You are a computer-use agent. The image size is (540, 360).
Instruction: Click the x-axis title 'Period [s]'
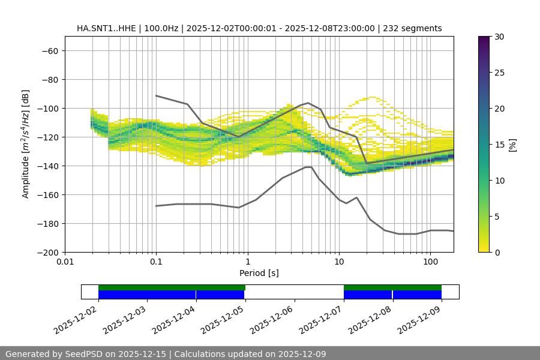tap(259, 273)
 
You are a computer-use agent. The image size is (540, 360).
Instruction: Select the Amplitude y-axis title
tap(26, 144)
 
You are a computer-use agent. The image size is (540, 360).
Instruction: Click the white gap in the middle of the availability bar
tap(294, 292)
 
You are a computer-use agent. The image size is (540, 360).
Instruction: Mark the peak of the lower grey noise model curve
tap(308, 167)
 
